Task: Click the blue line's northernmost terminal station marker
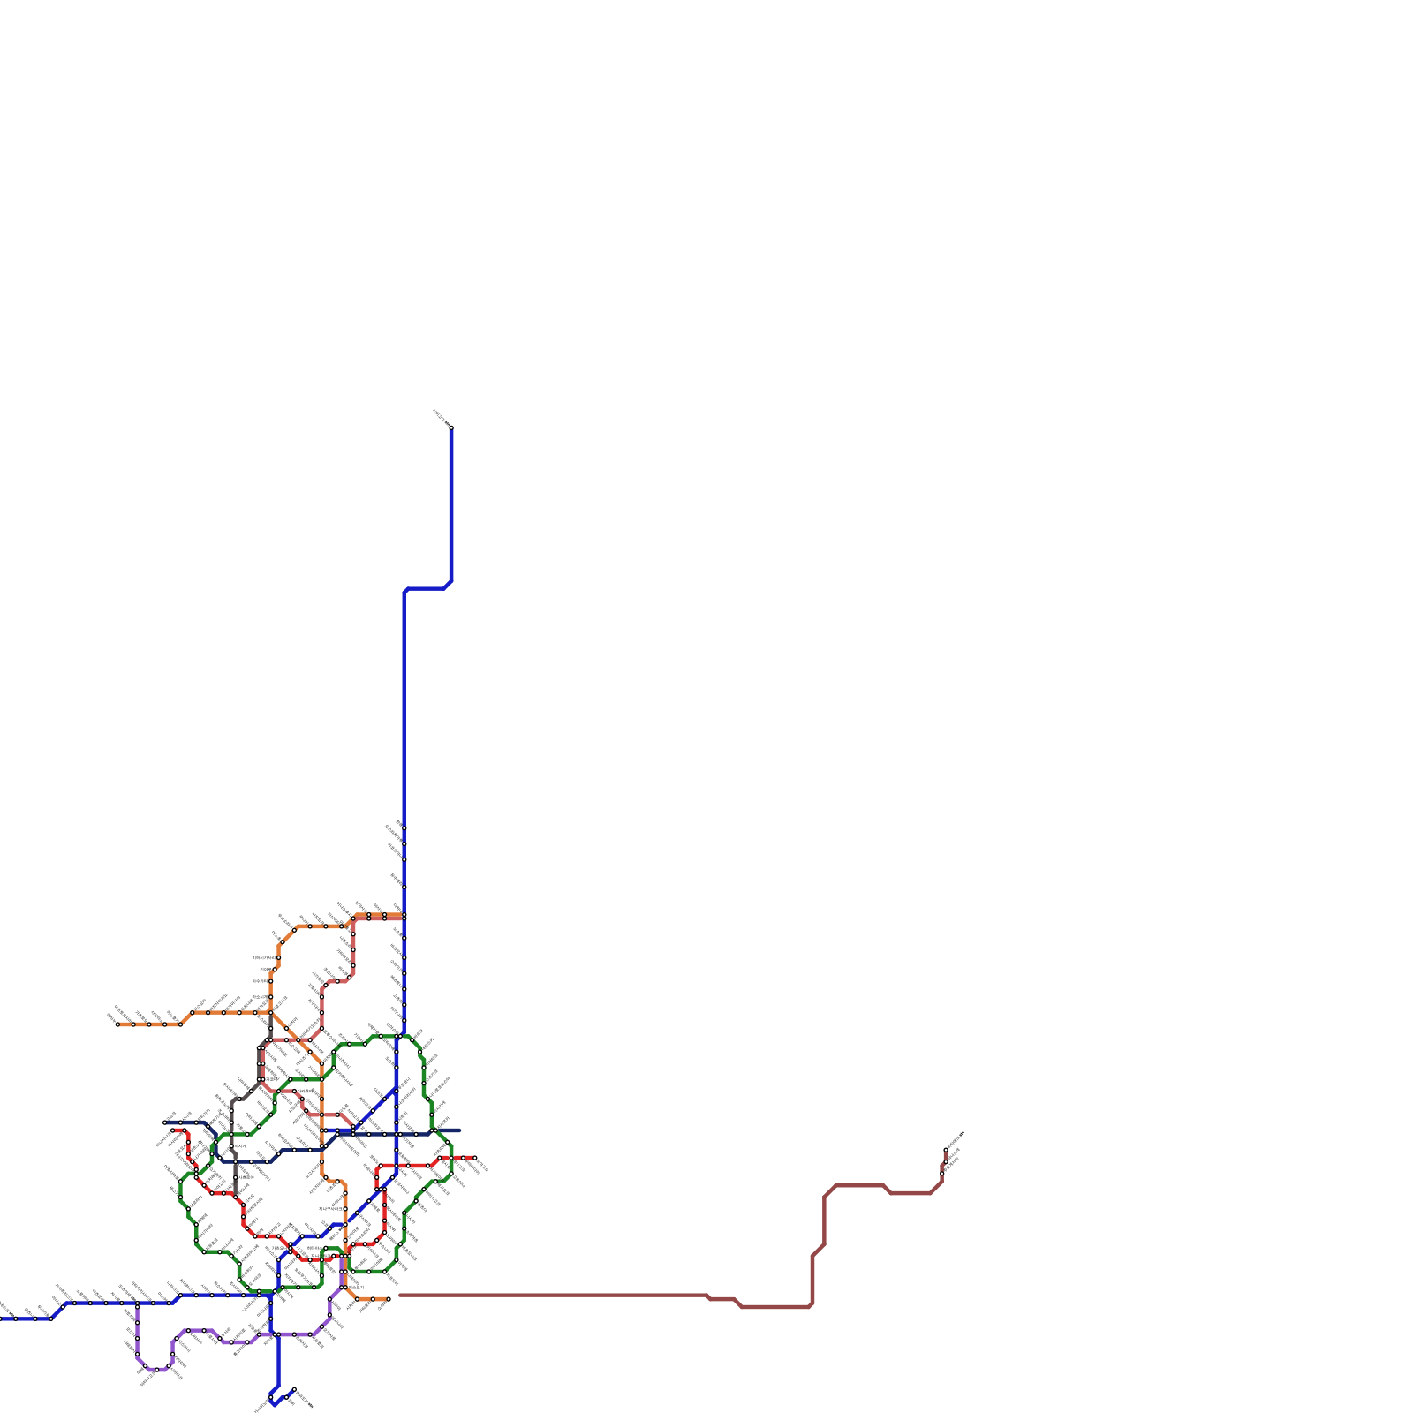pos(451,427)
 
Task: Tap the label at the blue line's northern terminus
pos(441,417)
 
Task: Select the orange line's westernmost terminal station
pos(117,1024)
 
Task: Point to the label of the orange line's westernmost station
pos(111,1017)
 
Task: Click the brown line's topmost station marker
pos(946,1150)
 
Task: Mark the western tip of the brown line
pos(399,1296)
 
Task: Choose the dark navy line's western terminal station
pos(165,1122)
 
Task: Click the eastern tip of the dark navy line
pos(459,1130)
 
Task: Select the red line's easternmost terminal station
pos(475,1157)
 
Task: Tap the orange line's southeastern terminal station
pos(388,1299)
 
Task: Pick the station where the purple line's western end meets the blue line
pos(137,1303)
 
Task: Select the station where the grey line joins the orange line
pos(270,1012)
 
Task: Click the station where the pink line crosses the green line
pos(276,1092)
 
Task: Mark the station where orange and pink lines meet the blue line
pos(404,917)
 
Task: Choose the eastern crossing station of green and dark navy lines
pos(433,1130)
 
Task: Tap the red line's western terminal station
pos(174,1130)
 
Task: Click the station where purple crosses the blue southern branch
pos(277,1334)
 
